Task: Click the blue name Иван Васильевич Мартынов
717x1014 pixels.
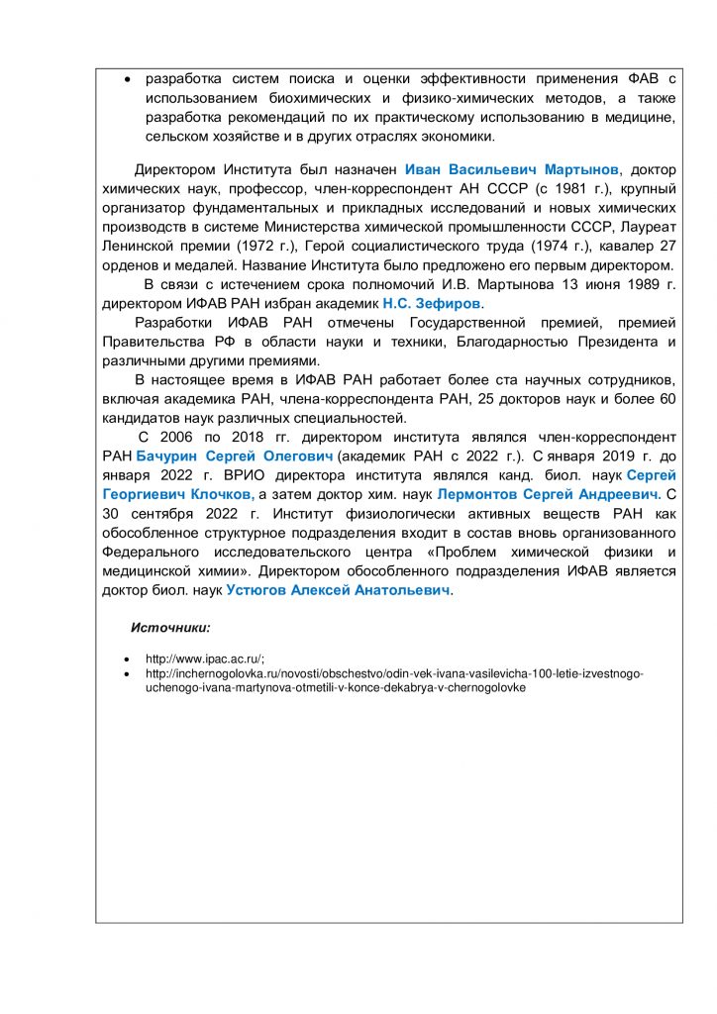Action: click(512, 169)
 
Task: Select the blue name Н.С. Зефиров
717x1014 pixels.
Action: click(432, 303)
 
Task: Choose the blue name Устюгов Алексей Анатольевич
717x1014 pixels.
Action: click(338, 590)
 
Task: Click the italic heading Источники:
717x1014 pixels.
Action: click(170, 628)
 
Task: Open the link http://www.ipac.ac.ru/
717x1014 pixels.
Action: click(204, 659)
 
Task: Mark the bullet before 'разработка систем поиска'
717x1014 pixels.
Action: click(126, 78)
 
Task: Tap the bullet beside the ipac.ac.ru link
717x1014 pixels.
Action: click(126, 659)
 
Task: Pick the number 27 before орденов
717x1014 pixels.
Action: click(666, 246)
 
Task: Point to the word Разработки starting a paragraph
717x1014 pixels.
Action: click(173, 323)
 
